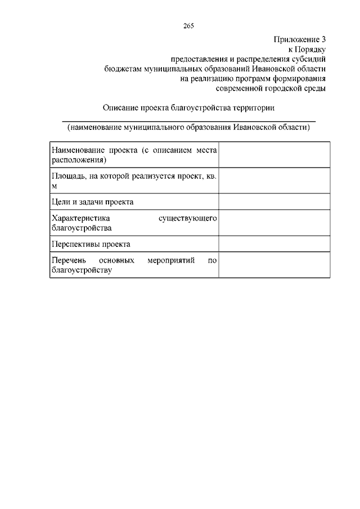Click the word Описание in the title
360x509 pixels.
121,107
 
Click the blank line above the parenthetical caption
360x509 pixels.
188,120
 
